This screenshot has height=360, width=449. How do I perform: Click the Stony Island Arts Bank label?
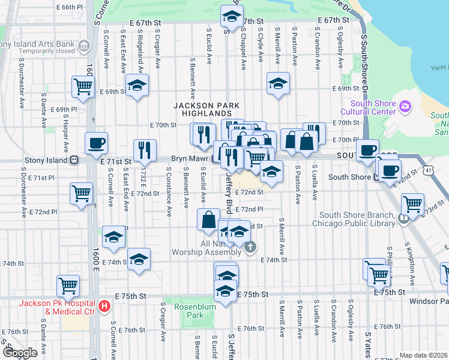click(38, 43)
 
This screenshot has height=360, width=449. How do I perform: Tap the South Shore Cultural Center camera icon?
click(406, 107)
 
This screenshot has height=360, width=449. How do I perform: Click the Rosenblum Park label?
click(190, 311)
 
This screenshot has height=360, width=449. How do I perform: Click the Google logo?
click(20, 352)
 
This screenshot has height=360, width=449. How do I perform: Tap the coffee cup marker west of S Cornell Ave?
click(96, 143)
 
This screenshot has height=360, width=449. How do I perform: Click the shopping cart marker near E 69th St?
click(83, 86)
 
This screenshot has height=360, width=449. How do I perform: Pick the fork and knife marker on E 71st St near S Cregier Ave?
click(145, 150)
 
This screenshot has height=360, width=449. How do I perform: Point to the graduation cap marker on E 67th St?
click(231, 18)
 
